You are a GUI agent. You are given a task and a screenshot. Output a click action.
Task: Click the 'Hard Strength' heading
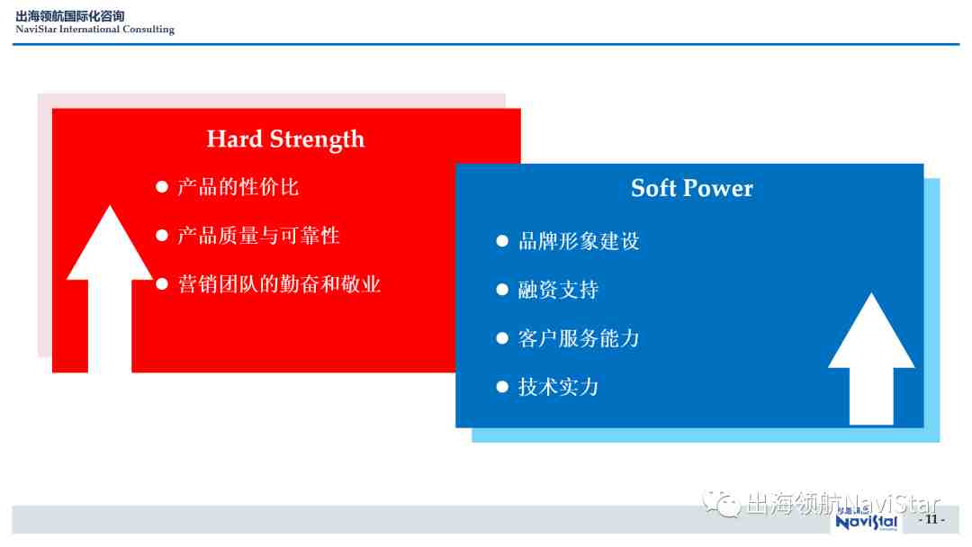click(285, 139)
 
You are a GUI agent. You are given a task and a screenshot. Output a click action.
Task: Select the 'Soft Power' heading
click(692, 188)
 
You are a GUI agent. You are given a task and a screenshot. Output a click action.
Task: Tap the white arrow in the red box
click(110, 289)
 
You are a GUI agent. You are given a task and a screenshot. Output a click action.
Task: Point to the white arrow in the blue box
click(871, 359)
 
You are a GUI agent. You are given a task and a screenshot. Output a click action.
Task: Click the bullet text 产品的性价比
click(238, 186)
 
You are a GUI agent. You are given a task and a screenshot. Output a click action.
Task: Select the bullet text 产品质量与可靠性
click(258, 236)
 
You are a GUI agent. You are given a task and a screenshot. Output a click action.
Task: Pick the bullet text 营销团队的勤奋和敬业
click(279, 283)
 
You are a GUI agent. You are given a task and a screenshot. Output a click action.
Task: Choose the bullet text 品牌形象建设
click(579, 241)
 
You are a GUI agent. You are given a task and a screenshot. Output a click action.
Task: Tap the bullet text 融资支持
click(559, 290)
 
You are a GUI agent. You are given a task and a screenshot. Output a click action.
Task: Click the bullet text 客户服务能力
click(579, 338)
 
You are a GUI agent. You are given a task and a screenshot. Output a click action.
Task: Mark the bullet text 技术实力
click(559, 387)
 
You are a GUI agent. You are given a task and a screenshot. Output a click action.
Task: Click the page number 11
click(931, 519)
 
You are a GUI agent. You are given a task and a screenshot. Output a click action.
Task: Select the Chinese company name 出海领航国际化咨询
click(70, 16)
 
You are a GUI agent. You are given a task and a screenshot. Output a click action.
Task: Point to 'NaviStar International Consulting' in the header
click(94, 29)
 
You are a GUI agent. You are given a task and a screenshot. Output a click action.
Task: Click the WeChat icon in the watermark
click(721, 503)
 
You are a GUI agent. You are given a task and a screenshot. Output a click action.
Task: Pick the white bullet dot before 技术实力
click(502, 387)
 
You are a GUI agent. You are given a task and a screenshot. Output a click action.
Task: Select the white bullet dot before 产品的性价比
click(162, 186)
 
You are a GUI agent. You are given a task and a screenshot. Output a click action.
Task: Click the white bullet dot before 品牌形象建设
click(502, 241)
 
